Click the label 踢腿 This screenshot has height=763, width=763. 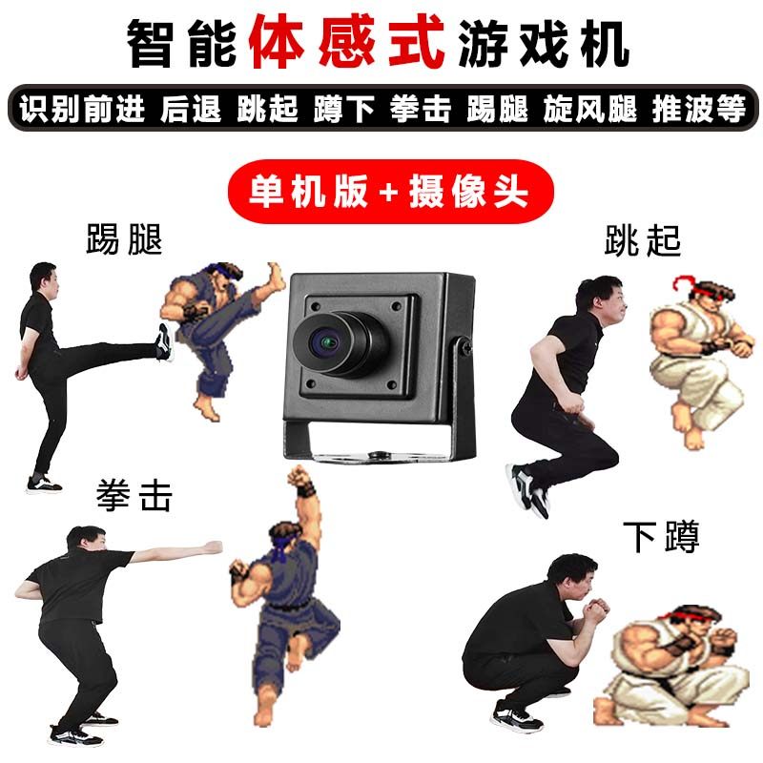click(124, 239)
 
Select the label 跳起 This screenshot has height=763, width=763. click(642, 241)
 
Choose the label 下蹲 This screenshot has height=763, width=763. click(661, 537)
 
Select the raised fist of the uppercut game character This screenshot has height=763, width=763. click(301, 478)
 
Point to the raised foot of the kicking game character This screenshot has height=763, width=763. click(274, 276)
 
